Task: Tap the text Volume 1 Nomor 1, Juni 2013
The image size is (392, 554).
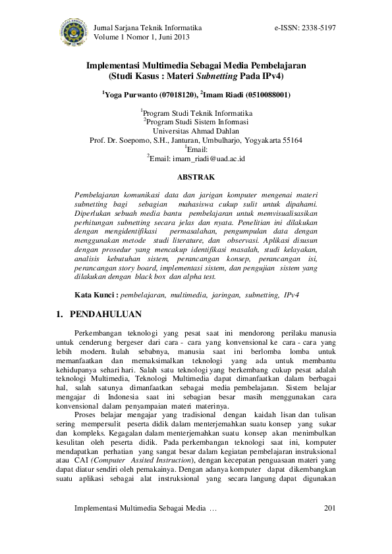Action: (142, 38)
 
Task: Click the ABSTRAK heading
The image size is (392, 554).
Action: (196, 177)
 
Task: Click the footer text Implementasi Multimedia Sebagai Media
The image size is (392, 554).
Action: (140, 509)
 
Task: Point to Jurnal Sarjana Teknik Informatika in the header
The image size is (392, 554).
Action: (148, 28)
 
